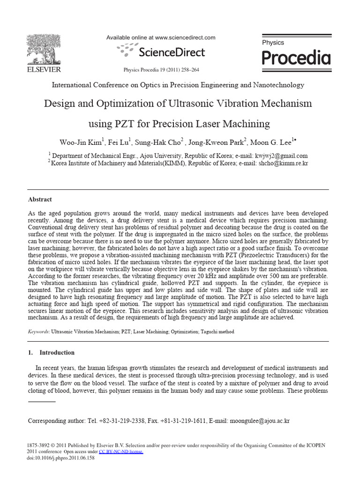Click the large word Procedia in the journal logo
tap(296, 58)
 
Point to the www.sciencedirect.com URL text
tap(185, 37)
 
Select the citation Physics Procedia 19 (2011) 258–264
tap(161, 70)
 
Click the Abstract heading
tap(40, 199)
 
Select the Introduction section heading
tap(57, 352)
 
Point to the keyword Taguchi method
tap(217, 332)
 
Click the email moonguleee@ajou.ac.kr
tap(260, 421)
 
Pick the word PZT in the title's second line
tap(123, 124)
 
